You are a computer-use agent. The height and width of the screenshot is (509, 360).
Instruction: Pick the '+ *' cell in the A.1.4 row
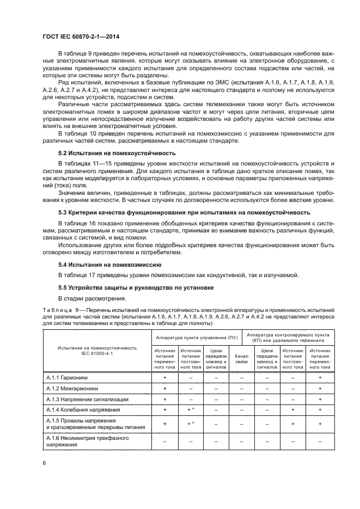(x=191, y=410)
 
